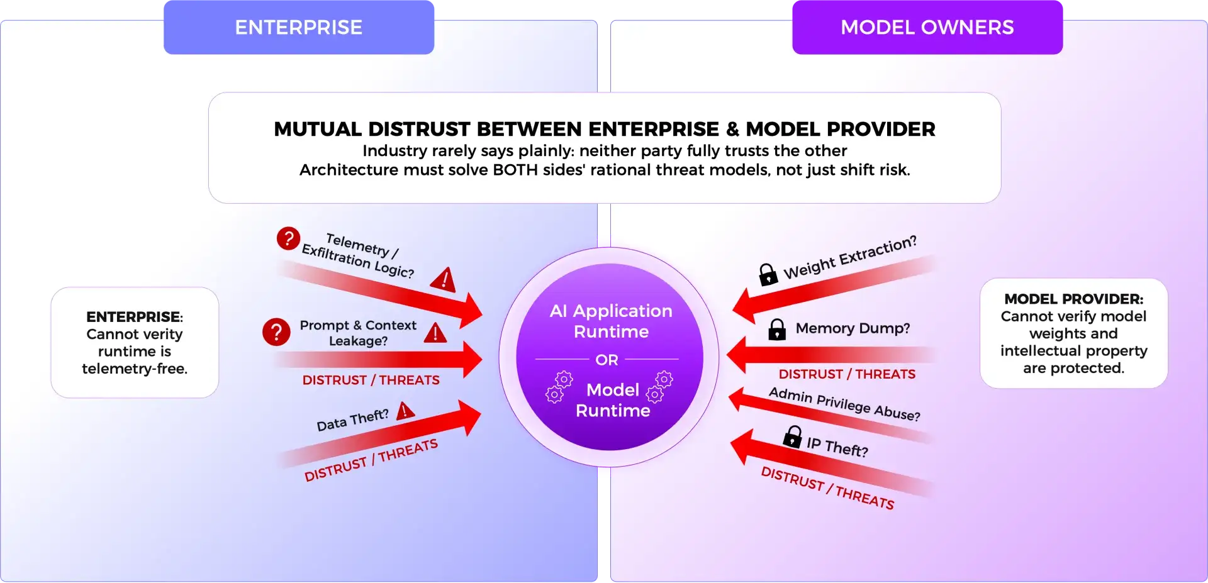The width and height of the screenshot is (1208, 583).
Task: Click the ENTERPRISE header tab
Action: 298,28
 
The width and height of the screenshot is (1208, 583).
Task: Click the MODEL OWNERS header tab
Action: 927,28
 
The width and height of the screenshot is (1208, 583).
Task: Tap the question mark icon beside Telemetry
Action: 288,238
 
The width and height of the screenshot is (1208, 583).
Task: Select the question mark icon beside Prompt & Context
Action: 276,331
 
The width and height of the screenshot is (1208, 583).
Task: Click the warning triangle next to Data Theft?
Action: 406,411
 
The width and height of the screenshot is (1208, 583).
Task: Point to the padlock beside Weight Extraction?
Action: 768,275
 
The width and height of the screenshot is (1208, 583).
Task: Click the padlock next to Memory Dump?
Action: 777,329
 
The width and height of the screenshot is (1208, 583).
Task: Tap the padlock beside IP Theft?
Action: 793,436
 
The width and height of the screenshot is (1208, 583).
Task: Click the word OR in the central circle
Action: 607,360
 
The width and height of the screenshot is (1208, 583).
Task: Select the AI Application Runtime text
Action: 611,321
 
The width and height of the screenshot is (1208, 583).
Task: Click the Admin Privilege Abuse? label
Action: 844,404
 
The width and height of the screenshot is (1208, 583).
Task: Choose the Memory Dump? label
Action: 853,328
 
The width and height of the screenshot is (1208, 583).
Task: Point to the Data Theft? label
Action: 352,420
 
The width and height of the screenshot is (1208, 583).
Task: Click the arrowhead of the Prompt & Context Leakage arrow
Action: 472,359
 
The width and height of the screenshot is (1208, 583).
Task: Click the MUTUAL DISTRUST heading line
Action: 604,129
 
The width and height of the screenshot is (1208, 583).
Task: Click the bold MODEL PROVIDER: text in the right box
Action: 1073,299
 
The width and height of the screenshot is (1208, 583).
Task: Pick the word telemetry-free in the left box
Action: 135,369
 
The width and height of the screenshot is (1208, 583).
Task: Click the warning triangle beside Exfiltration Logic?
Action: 444,279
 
